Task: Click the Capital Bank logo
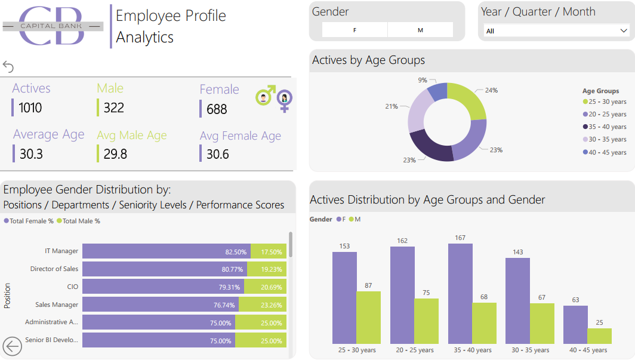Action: pos(53,26)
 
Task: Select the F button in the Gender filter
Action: pos(355,30)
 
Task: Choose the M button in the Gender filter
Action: pos(420,30)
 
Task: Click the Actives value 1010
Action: pos(30,108)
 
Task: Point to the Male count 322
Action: pos(114,108)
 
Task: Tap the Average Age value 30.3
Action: pos(31,154)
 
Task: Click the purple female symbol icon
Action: pos(285,100)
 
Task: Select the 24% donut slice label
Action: pos(491,91)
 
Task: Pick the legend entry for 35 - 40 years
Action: pos(605,127)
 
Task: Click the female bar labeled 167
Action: pos(460,293)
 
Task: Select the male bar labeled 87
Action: pos(368,317)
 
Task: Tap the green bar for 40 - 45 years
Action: pos(599,336)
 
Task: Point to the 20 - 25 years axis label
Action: pos(414,350)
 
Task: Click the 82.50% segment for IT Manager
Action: pos(166,251)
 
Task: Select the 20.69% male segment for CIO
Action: pos(265,287)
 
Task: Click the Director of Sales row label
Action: pos(54,269)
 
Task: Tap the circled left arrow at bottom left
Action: pos(12,346)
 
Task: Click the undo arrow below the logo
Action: pos(8,66)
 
